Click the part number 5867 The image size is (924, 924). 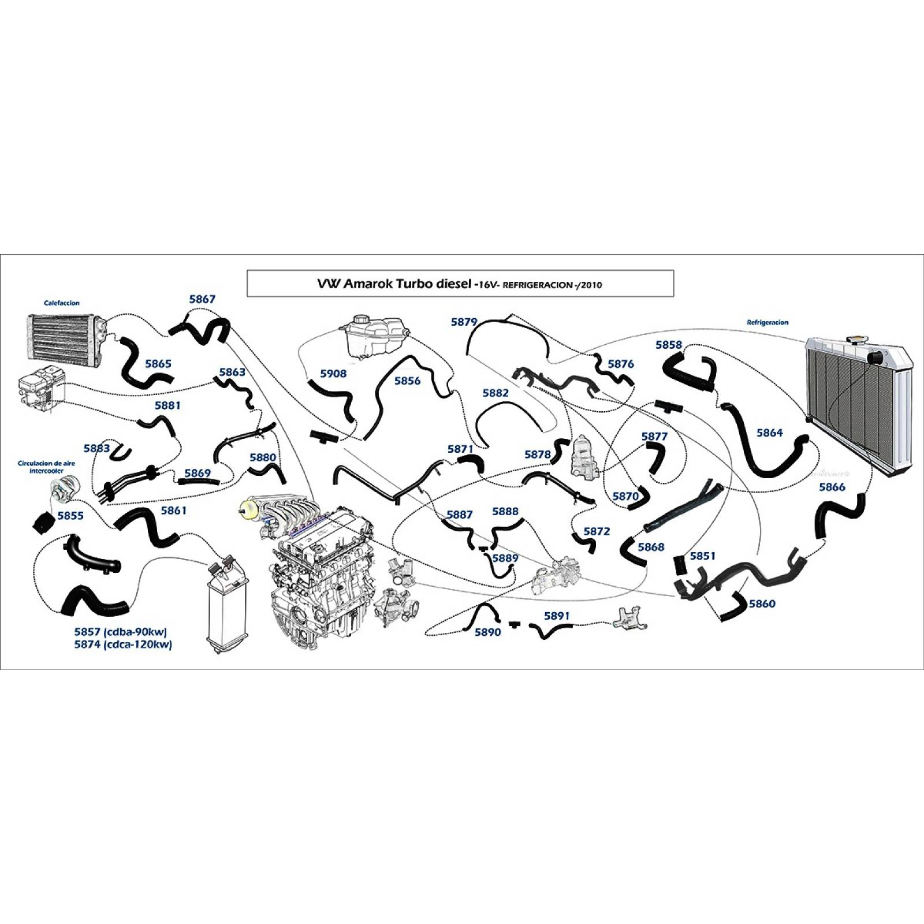[202, 299]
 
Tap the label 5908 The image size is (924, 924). [334, 374]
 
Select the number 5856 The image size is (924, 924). [408, 381]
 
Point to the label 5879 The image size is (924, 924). [464, 322]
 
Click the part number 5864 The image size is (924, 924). [769, 433]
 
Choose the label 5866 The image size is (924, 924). [832, 487]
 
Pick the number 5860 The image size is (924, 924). [762, 603]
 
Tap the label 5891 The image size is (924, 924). [557, 616]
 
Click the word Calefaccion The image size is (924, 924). [62, 303]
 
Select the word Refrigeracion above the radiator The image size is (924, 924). [767, 323]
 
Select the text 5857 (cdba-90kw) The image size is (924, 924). [121, 632]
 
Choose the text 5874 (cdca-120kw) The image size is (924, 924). [123, 644]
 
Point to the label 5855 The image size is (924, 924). [70, 516]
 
